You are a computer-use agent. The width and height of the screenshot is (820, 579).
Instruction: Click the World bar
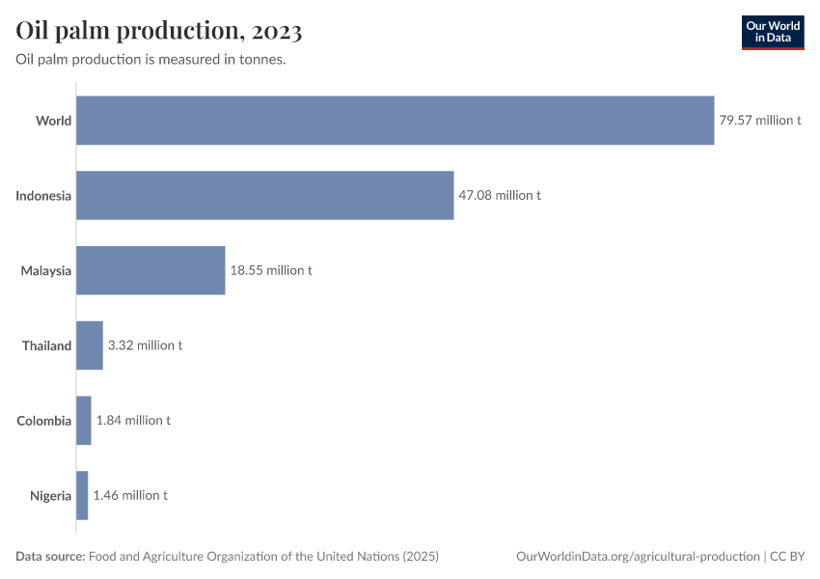pos(395,121)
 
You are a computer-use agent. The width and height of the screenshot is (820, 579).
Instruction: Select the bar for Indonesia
pos(264,195)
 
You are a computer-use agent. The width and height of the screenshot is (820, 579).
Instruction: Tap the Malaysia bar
pos(150,270)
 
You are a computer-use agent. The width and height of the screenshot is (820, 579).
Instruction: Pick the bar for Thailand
pos(90,345)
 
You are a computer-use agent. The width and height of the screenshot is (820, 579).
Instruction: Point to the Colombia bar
pos(84,421)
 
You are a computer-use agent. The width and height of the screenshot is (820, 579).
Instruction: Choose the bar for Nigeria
pos(82,495)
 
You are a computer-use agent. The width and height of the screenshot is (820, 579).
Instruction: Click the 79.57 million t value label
pos(760,121)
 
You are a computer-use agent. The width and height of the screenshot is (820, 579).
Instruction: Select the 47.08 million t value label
pos(500,195)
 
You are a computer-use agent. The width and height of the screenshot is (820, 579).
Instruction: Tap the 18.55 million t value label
pos(271,270)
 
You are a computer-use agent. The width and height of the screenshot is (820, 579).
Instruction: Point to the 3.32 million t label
pos(146,345)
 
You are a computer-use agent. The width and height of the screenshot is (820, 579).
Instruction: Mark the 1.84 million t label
pos(134,421)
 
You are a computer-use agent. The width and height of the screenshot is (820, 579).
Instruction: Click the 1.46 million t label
pos(130,495)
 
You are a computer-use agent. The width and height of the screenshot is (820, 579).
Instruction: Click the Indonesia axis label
pos(43,196)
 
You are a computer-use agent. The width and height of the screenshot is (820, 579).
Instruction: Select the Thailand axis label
pos(46,345)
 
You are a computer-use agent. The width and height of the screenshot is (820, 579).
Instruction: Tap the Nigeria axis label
pos(50,495)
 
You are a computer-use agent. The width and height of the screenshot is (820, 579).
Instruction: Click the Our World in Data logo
pos(772,32)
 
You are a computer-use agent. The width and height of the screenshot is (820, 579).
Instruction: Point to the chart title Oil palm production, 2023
pos(159,31)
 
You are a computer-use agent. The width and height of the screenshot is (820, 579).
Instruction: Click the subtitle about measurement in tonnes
pos(150,60)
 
